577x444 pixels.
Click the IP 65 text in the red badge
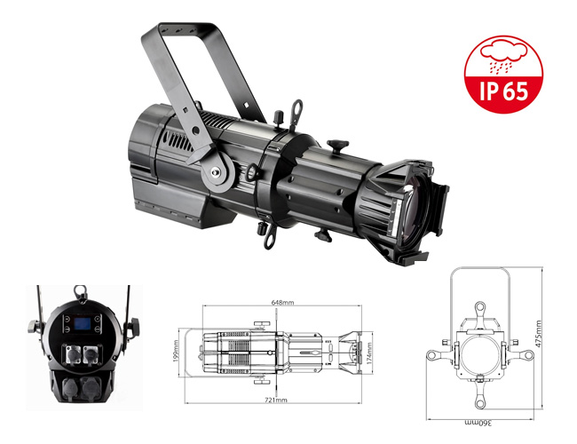point(503,91)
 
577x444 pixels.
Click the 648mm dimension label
point(282,303)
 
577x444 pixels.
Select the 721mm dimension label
point(276,400)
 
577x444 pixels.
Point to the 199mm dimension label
point(176,351)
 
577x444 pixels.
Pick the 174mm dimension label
point(369,353)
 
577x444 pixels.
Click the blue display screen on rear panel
point(83,324)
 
